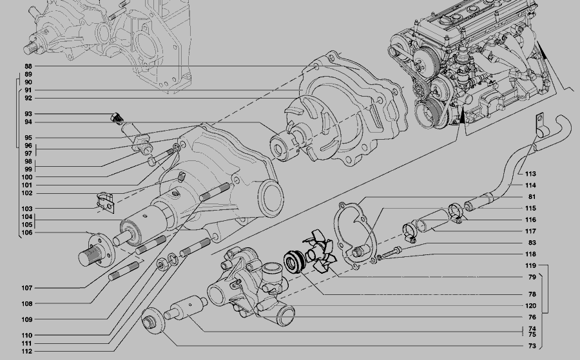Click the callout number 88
coord(28,66)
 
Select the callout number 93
coord(28,114)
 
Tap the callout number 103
coord(26,209)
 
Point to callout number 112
coord(26,352)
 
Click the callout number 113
coord(530,174)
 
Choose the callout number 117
coord(530,231)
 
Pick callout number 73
coord(532,346)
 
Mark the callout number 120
coord(530,306)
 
